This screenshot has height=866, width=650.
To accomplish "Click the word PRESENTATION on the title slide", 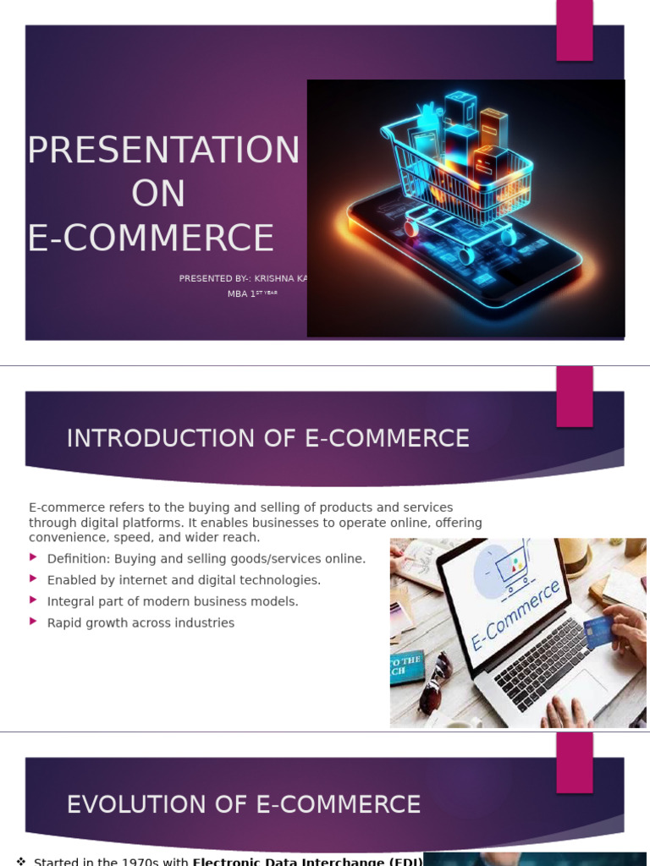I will click(x=163, y=151).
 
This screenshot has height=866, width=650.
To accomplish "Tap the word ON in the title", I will click(x=158, y=195).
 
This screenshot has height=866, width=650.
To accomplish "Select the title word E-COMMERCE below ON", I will click(x=151, y=238).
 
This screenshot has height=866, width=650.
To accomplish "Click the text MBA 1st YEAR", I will click(x=252, y=294).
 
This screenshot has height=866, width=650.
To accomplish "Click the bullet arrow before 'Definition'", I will click(x=34, y=557).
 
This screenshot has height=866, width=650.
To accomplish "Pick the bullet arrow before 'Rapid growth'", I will click(x=34, y=622).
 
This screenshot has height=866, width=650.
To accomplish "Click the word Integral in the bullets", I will click(x=70, y=601).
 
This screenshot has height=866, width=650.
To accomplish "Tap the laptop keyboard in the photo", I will click(x=542, y=660).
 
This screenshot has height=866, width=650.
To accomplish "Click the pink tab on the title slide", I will click(x=574, y=30).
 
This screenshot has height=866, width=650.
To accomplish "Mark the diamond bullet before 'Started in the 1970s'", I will click(x=21, y=861).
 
